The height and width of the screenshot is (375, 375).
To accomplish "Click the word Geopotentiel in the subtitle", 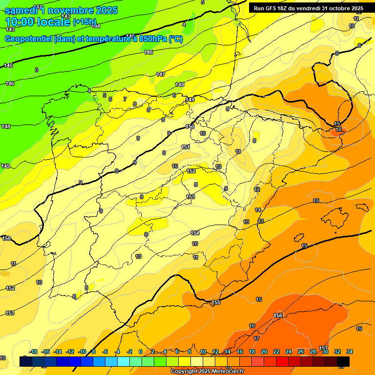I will tap(29, 39).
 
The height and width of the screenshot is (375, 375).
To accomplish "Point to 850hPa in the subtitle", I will tap(148, 39).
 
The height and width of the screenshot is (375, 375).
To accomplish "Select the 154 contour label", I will tap(195, 233).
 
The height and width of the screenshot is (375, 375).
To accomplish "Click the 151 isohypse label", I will tap(186, 147).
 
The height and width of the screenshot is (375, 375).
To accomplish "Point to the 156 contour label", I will tap(278, 315).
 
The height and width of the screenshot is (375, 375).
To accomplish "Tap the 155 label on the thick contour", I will tap(216, 302).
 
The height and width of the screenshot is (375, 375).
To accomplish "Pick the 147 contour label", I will tap(161, 74).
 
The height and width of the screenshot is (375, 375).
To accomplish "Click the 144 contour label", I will tap(96, 26).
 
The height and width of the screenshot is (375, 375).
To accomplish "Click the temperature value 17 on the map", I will tap(256, 338).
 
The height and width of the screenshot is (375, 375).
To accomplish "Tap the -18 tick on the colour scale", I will tap(33, 352).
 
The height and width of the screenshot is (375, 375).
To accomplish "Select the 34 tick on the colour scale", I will tap(350, 352).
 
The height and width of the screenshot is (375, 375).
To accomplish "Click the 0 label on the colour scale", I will tap(140, 352).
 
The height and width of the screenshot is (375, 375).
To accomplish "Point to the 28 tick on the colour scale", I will tap(313, 352).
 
